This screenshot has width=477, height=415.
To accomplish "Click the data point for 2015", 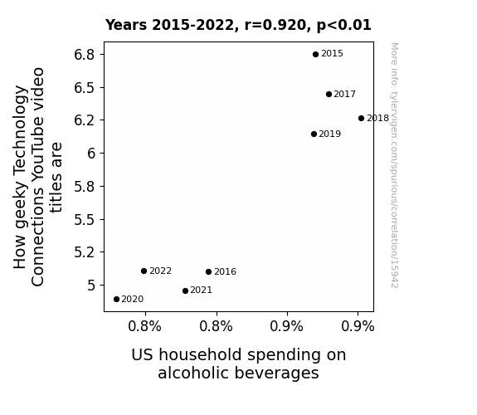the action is click(x=315, y=54).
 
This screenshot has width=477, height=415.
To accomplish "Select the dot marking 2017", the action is click(x=329, y=94).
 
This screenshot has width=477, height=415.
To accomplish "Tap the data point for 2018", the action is click(x=361, y=118).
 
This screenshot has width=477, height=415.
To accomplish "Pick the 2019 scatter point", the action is click(x=314, y=134).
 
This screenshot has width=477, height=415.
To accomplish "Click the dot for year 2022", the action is click(x=144, y=271).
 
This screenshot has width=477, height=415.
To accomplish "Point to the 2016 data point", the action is click(x=208, y=271).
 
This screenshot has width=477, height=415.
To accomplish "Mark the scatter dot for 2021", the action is click(x=185, y=290).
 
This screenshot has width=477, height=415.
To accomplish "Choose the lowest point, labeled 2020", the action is click(x=116, y=300).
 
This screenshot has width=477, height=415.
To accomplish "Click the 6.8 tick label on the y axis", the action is click(x=85, y=55).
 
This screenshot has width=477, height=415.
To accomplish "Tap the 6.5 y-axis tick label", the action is click(x=85, y=88).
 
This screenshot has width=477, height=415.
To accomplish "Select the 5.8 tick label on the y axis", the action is click(x=85, y=186).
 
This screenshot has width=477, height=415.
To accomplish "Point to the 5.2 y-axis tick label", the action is click(x=85, y=252).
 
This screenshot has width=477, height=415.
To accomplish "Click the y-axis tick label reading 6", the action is click(x=91, y=154).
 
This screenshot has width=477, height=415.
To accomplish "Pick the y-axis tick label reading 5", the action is click(x=91, y=286).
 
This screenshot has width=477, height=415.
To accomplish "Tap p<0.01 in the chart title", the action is click(x=343, y=25).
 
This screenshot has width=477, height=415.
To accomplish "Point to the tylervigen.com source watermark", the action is click(x=394, y=165).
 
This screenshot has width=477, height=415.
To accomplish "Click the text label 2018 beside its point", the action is click(x=377, y=118).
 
